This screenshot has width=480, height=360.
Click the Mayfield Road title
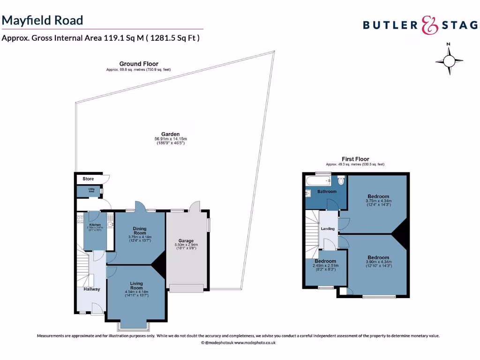pos(43,20)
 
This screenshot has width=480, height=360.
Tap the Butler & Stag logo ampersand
pos(429,25)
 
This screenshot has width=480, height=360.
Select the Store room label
pos(88,179)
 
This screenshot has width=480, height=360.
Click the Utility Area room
pos(91,191)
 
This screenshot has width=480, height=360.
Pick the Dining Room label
pos(139,231)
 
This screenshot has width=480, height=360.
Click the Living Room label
pos(136,286)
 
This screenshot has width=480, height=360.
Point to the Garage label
pos(186,241)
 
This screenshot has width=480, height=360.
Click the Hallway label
pos(92,289)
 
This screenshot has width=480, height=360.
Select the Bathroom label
pos(327,192)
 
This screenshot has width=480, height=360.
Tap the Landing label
pos(328,229)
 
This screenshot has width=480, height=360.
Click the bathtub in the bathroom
pos(319,180)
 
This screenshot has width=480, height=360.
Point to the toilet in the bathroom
pos(341,180)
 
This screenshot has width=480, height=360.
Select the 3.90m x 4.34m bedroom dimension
pos(378,263)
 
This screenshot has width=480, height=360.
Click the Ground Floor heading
pos(139,64)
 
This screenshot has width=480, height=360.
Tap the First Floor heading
pos(355,159)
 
